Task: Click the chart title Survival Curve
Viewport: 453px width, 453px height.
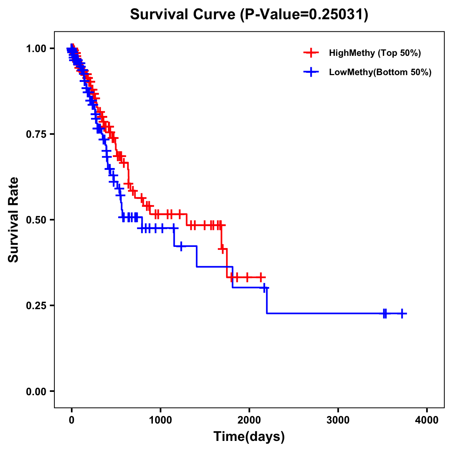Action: pos(184,15)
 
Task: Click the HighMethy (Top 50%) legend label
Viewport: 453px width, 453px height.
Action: pos(374,53)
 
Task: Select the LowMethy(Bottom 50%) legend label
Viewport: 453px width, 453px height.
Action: pos(380,72)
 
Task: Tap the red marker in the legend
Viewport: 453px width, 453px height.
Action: pos(311,53)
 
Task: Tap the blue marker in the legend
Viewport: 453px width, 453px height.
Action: pos(311,72)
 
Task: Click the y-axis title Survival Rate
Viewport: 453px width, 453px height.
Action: pos(14,220)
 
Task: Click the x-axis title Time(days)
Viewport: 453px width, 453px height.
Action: pos(249,437)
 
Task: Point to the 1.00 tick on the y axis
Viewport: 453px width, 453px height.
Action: pos(36,48)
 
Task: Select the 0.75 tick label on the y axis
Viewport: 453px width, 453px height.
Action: pos(36,134)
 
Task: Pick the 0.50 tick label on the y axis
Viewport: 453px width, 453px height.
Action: pos(36,220)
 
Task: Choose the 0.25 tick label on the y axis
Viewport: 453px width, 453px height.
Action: pos(36,305)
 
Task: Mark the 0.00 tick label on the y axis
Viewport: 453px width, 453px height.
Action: pos(36,391)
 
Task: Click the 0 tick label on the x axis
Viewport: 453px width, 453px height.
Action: pos(72,420)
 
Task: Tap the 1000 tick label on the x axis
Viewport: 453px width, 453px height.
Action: pos(160,420)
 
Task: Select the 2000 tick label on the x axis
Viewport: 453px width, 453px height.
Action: pos(249,420)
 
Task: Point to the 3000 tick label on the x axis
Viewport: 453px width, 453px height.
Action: pos(338,420)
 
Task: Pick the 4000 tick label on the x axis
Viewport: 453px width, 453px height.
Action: pos(427,420)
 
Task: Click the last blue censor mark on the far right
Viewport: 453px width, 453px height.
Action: pos(402,313)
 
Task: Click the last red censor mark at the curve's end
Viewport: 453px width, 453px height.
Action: pos(260,277)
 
